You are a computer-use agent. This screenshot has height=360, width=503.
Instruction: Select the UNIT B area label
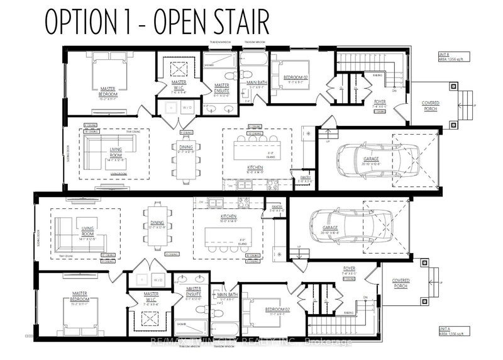coord(448,56)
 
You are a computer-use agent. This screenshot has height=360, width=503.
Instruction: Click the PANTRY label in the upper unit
coord(306,178)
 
